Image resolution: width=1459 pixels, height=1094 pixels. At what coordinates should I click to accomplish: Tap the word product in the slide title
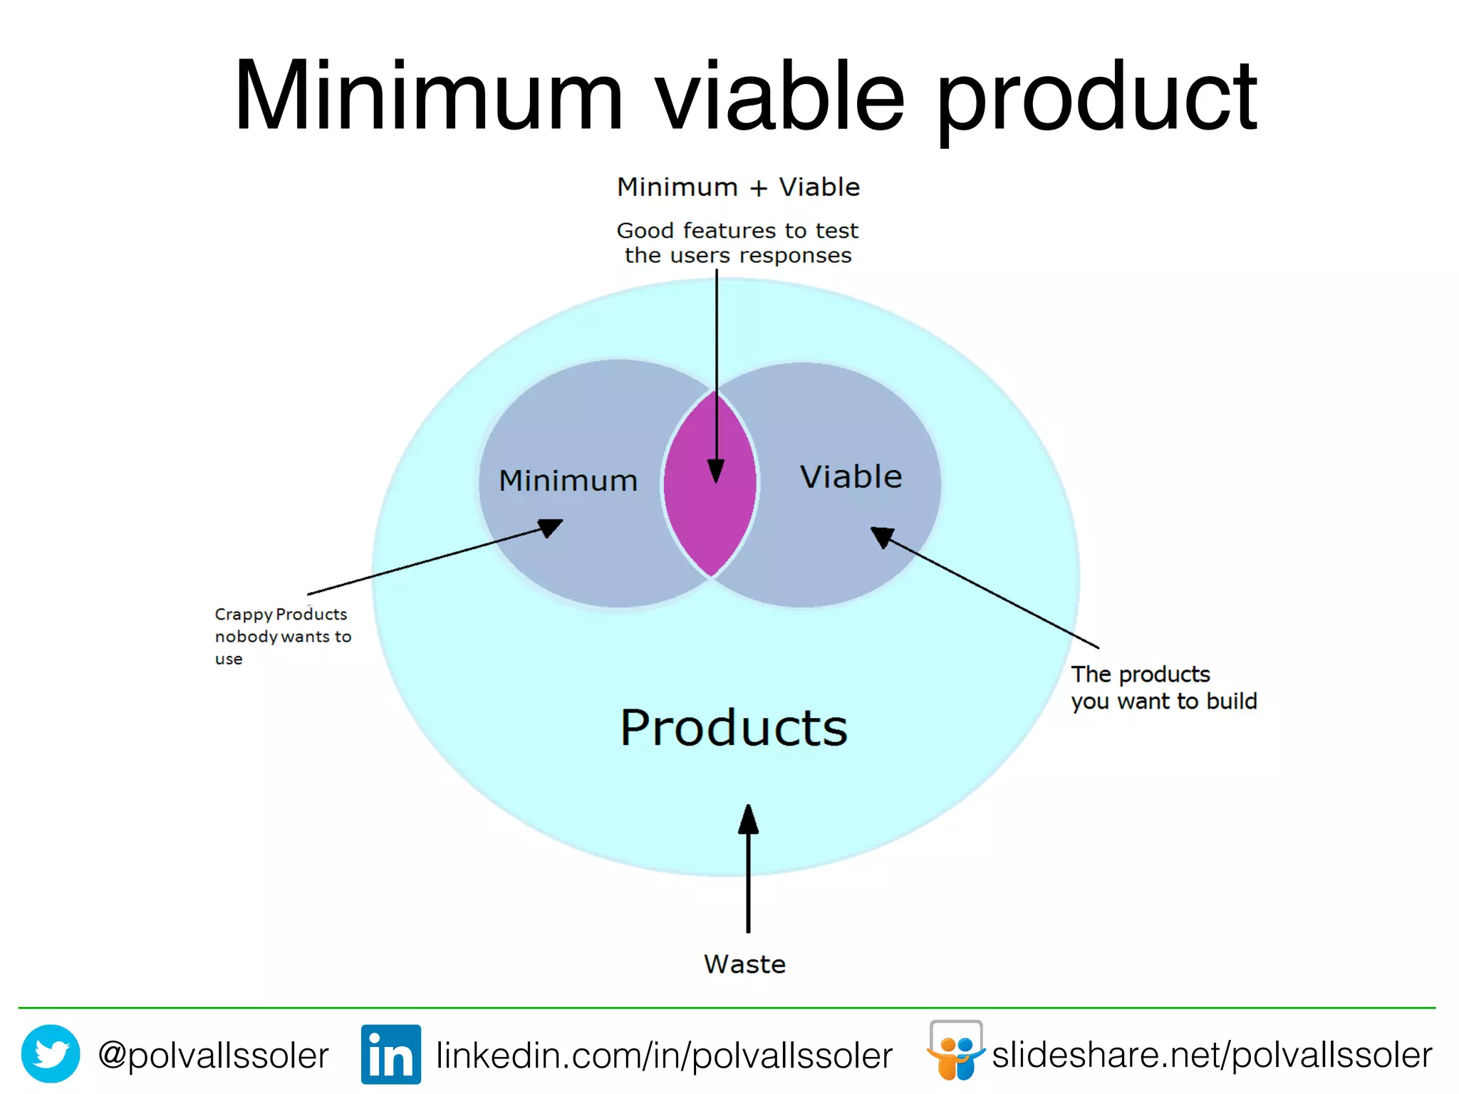(1096, 100)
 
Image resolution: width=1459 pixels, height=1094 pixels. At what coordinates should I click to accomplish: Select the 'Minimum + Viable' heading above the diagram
(738, 187)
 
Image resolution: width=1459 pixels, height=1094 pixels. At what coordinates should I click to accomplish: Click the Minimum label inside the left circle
(568, 481)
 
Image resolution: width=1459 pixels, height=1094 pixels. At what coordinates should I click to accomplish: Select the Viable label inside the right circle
(851, 476)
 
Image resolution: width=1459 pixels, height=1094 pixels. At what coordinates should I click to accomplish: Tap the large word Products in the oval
(734, 728)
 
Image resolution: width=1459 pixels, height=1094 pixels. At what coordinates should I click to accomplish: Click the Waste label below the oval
(744, 964)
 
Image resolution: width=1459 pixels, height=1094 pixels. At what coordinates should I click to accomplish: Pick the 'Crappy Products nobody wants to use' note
(283, 635)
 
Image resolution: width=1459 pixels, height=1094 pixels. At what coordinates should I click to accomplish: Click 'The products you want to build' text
(1163, 687)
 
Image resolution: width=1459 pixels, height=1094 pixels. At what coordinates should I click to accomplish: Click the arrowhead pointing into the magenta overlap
(716, 471)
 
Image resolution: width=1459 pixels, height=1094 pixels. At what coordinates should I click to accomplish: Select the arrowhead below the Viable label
(882, 536)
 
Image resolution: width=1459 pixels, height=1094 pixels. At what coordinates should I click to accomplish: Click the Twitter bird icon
(51, 1053)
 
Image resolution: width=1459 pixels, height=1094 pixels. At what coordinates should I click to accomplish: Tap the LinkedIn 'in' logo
(390, 1054)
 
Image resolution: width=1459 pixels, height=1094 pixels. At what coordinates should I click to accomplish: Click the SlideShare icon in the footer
(955, 1051)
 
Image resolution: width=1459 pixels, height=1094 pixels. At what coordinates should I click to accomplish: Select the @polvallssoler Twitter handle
(213, 1055)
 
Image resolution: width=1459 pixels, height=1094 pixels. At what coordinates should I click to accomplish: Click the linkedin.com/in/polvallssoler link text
(664, 1055)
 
